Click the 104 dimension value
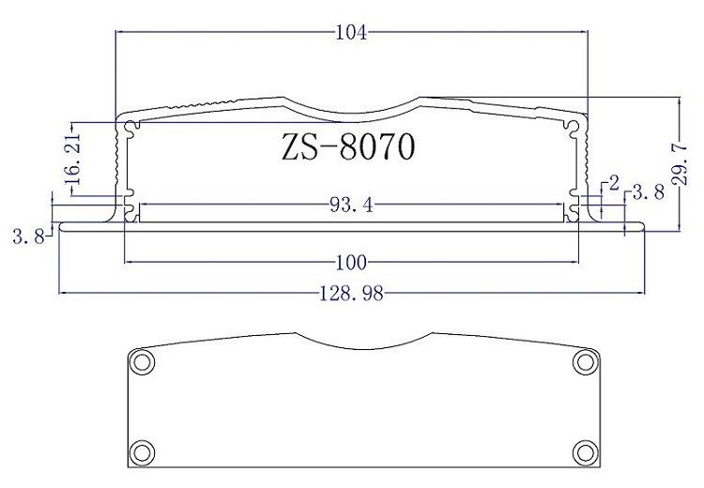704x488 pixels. (351, 33)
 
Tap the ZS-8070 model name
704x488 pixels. (348, 146)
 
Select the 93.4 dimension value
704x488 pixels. (351, 206)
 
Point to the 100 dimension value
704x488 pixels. (351, 263)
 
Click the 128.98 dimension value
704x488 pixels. (351, 294)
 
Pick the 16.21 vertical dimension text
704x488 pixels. (72, 160)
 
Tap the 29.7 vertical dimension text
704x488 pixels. (680, 164)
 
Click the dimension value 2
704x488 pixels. (614, 183)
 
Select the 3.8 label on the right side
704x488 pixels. (648, 192)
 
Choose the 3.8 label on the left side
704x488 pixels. (29, 236)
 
